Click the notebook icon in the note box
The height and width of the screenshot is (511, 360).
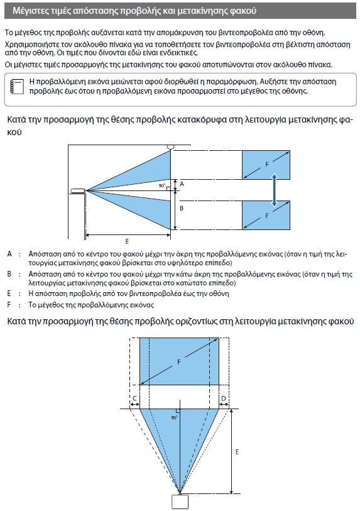[x=17, y=87]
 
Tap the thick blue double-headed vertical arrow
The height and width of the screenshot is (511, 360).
[x=275, y=190]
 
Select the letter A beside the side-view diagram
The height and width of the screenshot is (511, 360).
[x=182, y=184]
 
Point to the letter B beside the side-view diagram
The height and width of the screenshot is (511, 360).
[x=182, y=208]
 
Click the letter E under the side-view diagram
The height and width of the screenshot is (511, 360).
[x=127, y=241]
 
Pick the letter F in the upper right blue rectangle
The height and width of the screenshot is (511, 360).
[x=267, y=164]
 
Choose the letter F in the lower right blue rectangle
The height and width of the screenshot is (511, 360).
[x=267, y=216]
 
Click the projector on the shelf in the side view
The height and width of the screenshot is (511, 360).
[x=78, y=190]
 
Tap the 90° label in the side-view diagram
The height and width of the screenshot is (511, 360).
[x=162, y=185]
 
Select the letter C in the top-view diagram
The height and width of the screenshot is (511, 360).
[x=134, y=398]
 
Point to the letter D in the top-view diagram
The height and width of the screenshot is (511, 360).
[x=224, y=398]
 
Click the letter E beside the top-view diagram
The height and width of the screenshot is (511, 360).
[x=237, y=452]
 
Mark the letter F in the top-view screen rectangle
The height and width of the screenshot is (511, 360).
[x=178, y=362]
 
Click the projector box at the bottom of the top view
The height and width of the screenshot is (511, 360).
[x=180, y=502]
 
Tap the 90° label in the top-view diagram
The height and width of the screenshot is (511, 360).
[x=174, y=417]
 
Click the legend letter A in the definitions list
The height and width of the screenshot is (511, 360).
[x=9, y=254]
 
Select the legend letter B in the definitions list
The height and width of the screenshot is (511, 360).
[x=9, y=274]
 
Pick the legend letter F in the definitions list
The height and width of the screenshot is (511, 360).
[x=9, y=305]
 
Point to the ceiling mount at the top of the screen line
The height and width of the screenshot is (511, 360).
[x=170, y=147]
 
